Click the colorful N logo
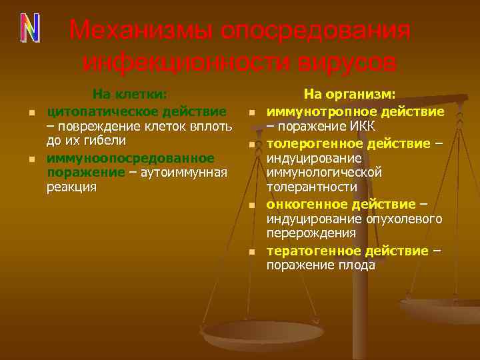pyautogui.click(x=29, y=27)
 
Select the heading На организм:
pyautogui.click(x=350, y=95)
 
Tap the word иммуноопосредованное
pyautogui.click(x=131, y=158)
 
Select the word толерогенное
pyautogui.click(x=312, y=143)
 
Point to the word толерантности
pyautogui.click(x=307, y=188)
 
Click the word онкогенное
pyautogui.click(x=306, y=204)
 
